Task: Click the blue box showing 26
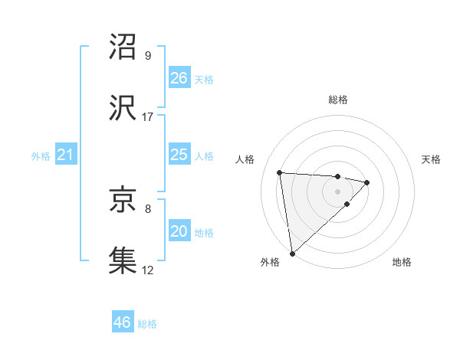(x=179, y=78)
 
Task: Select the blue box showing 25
(x=179, y=155)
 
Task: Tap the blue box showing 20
(x=179, y=231)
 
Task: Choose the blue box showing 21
(x=65, y=155)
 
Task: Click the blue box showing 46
(x=122, y=322)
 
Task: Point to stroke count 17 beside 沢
(x=148, y=117)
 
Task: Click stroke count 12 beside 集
(x=148, y=270)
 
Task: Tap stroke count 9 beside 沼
(x=148, y=56)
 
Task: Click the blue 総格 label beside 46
(x=147, y=324)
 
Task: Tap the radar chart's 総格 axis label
(x=338, y=100)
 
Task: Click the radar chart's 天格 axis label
(x=431, y=159)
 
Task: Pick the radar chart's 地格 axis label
(x=402, y=262)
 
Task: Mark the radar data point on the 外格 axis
(x=292, y=252)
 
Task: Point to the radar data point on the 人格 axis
(x=280, y=172)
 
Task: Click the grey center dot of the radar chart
(x=337, y=191)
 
